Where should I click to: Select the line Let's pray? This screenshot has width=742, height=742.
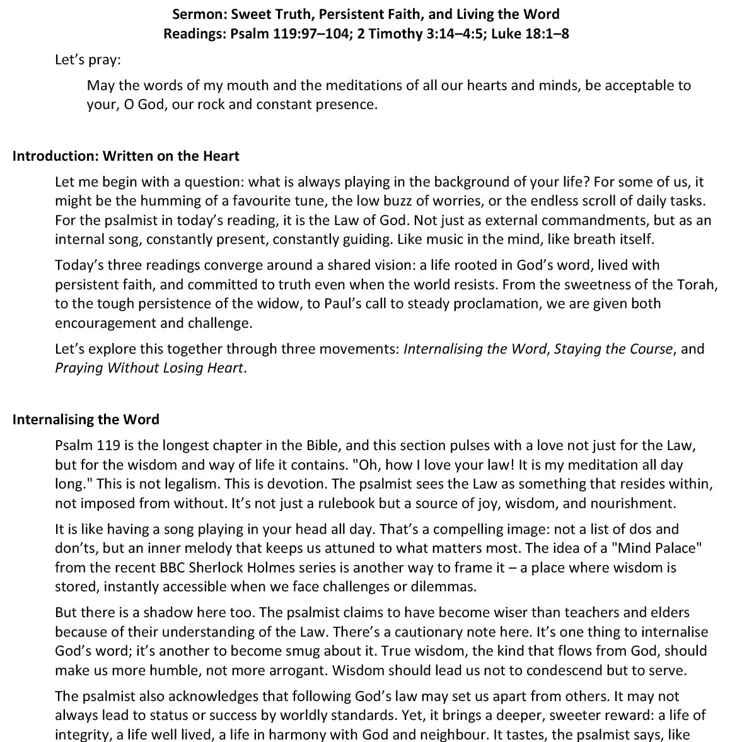(x=88, y=60)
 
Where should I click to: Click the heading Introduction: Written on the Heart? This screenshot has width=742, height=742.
(x=125, y=156)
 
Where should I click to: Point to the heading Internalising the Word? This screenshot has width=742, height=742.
(x=86, y=419)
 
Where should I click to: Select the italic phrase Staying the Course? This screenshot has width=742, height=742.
(x=613, y=349)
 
